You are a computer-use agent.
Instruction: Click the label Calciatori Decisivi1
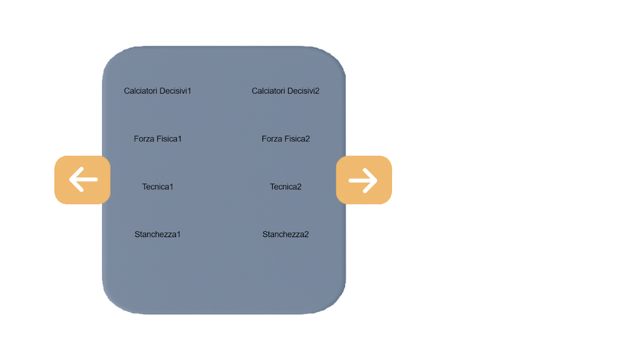pos(158,91)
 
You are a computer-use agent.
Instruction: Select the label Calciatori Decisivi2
pos(285,91)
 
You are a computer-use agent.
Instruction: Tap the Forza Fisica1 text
pos(158,139)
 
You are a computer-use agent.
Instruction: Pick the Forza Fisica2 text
pos(286,139)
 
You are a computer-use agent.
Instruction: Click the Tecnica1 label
pos(158,187)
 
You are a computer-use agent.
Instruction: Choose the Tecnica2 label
pos(286,187)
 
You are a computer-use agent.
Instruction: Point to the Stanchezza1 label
pos(158,234)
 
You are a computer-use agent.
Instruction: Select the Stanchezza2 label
pos(286,234)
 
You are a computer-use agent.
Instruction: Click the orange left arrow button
pos(82,180)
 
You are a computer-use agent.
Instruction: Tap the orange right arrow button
pos(364,180)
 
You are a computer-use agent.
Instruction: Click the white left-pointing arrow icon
pos(83,180)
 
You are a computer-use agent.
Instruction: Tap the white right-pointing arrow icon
pos(363,180)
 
